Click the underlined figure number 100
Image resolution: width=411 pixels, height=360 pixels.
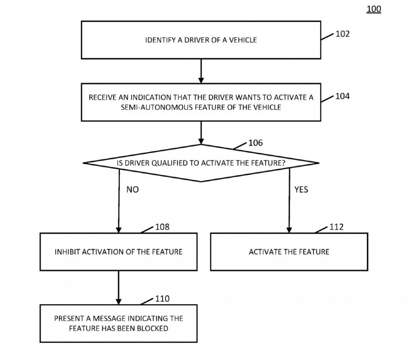[x=374, y=9]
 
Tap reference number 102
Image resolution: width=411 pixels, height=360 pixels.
[x=343, y=34]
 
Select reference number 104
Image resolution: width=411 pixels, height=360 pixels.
[x=343, y=96]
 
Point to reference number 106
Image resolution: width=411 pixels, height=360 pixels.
[x=256, y=143]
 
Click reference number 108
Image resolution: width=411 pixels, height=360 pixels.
[x=162, y=227]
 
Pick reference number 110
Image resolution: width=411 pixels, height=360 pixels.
[x=162, y=299]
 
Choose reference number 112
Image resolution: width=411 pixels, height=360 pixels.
[x=336, y=227]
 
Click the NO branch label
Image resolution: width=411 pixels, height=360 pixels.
[x=132, y=190]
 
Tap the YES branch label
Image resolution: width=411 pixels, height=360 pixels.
[x=301, y=190]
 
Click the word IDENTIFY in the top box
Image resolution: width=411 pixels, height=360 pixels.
[x=161, y=40]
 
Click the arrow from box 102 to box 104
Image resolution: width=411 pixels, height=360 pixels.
[x=201, y=71]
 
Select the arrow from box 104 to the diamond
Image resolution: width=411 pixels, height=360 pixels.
[x=201, y=133]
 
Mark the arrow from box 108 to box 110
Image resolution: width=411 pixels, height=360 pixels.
[x=118, y=288]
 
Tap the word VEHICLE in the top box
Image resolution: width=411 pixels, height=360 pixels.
[x=243, y=40]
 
